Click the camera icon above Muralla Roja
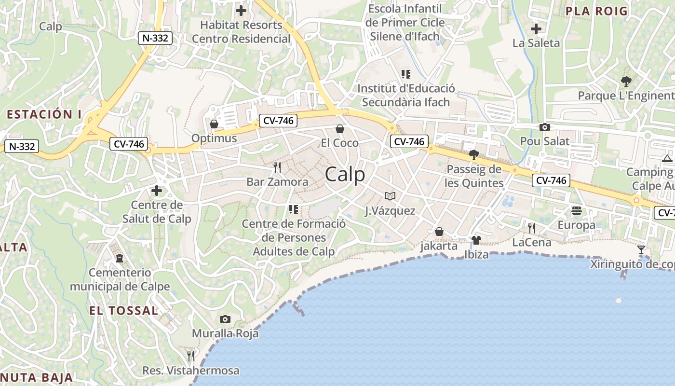[225, 319]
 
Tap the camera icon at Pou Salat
[545, 127]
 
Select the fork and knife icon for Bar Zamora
[277, 167]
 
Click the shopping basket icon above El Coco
[340, 129]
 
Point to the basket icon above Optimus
[214, 124]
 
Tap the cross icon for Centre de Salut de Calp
[157, 191]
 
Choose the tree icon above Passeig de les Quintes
[474, 155]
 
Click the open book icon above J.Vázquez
[390, 196]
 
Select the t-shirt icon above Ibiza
[476, 240]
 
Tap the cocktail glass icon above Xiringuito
[641, 249]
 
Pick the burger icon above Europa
[577, 211]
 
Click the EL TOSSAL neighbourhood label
[123, 310]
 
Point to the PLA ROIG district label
[596, 11]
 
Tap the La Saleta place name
[536, 43]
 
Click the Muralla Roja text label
[225, 333]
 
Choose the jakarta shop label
[439, 246]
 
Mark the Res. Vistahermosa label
[191, 371]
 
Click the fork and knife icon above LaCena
[532, 228]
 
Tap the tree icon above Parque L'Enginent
[626, 81]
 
